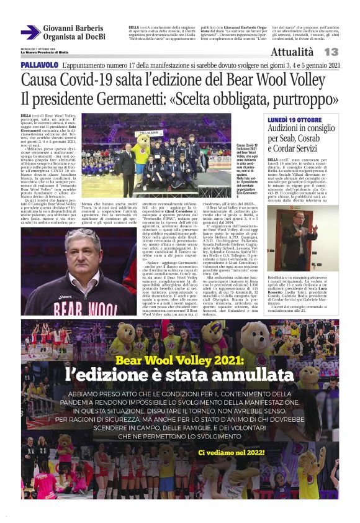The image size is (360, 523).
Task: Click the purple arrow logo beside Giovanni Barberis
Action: pos(30,32)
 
